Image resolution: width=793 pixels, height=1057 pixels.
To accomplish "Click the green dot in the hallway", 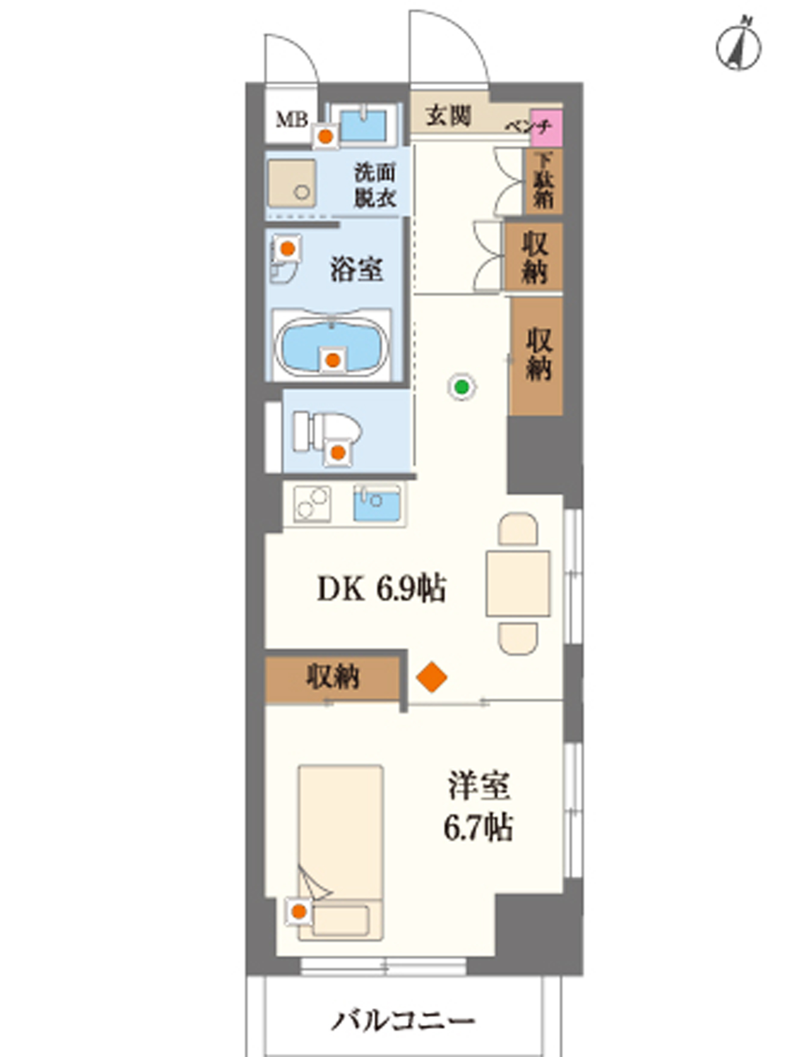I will [461, 387].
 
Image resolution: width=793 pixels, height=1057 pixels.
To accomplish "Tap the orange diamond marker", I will [431, 677].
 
